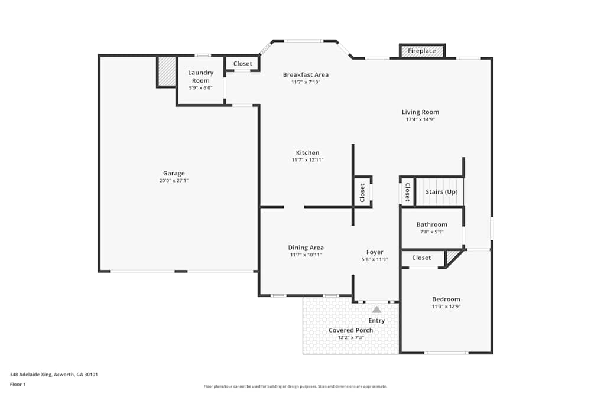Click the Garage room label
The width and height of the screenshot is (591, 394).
coord(174,174)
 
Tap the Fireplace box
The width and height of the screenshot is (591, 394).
coord(422,51)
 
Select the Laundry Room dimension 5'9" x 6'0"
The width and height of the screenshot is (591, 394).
coord(200,88)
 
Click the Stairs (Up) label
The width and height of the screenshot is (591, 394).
coord(441,192)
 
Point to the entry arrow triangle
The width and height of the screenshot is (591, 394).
coord(376,309)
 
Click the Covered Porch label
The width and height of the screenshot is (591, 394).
coord(350,330)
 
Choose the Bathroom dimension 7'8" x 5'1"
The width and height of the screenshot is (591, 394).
coord(431,232)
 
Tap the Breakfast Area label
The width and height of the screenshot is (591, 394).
coord(306,75)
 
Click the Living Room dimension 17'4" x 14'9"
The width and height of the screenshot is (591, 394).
coord(420,119)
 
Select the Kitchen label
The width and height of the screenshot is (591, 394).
coord(307,153)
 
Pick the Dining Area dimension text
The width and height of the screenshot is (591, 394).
coord(306,255)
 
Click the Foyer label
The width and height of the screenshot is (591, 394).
coord(375,252)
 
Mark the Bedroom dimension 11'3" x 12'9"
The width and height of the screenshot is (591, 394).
coord(446,307)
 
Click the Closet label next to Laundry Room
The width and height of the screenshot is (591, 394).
coord(242,64)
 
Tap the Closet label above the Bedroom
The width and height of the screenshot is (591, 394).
coord(421,258)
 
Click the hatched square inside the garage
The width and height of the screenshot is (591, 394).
coord(167,71)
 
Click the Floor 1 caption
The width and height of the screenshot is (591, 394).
coord(18,384)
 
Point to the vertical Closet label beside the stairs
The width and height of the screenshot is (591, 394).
coord(407,192)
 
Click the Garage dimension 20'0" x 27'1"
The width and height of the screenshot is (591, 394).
coord(174,181)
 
